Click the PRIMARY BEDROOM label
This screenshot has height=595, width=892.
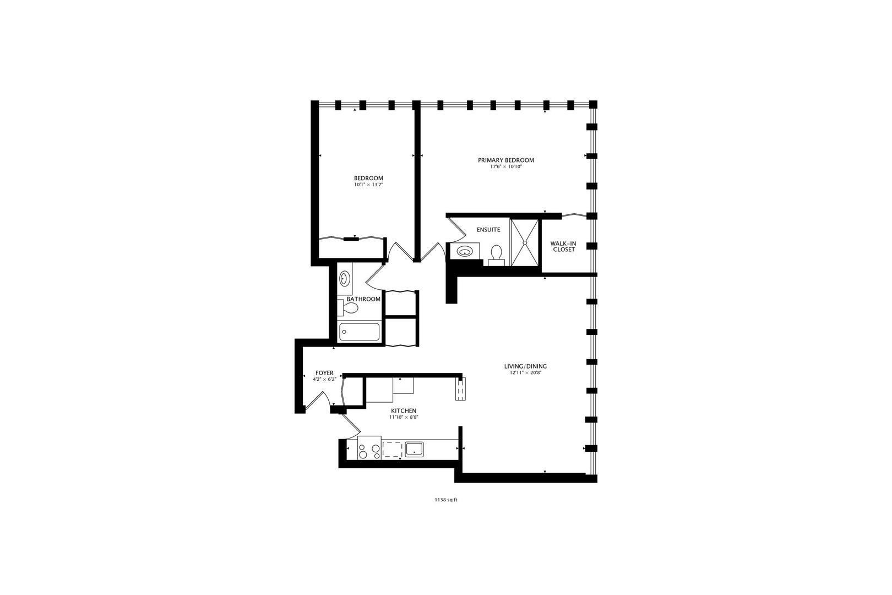[505, 160]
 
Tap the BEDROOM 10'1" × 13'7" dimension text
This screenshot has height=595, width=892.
[368, 185]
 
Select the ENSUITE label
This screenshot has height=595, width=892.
[488, 230]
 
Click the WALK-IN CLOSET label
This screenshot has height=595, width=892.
[563, 246]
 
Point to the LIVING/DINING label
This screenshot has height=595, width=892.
[525, 366]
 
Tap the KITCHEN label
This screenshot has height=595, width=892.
[404, 411]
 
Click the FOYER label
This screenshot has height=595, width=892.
[324, 373]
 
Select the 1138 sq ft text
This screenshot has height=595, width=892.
[446, 500]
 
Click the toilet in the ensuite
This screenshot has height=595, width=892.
[496, 254]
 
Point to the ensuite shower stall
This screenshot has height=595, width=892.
[525, 242]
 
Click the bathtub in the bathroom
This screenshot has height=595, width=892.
[359, 332]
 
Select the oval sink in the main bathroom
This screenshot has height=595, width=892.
[345, 279]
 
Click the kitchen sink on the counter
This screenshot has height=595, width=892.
[414, 450]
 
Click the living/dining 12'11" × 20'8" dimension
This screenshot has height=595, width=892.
[525, 373]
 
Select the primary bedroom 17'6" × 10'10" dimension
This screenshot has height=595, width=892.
[505, 166]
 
